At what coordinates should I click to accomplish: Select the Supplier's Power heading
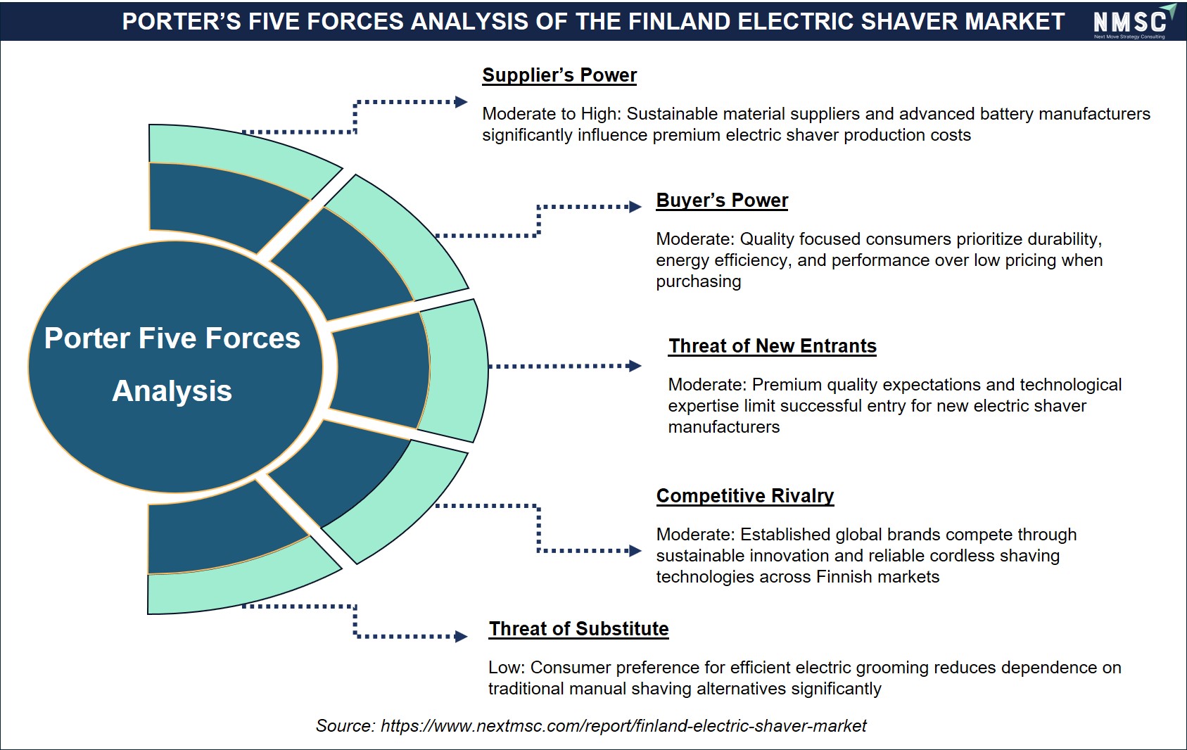pyautogui.click(x=559, y=75)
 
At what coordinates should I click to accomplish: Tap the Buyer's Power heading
pyautogui.click(x=722, y=201)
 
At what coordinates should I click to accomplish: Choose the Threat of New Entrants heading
pyautogui.click(x=772, y=346)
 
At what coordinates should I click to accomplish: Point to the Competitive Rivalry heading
pyautogui.click(x=745, y=496)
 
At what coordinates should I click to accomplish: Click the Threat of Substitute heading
pyautogui.click(x=578, y=628)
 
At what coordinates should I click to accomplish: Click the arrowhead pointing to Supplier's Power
pyautogui.click(x=462, y=102)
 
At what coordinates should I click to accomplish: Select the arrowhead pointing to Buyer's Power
pyautogui.click(x=635, y=207)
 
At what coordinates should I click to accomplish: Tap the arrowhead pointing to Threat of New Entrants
pyautogui.click(x=635, y=366)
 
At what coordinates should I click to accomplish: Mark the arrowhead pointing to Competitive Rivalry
pyautogui.click(x=635, y=551)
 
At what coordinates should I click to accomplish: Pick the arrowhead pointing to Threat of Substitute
pyautogui.click(x=462, y=636)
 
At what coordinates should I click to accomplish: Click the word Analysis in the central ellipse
pyautogui.click(x=172, y=391)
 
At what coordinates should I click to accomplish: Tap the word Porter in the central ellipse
pyautogui.click(x=87, y=338)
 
